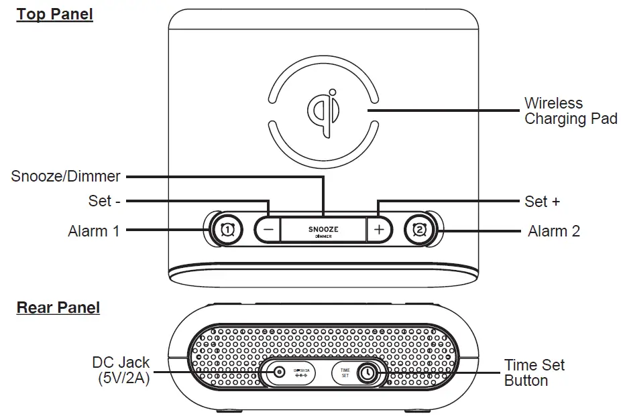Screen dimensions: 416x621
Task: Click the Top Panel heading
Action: click(54, 15)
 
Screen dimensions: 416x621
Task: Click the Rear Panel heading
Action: click(58, 307)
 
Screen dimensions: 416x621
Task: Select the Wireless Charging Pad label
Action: click(570, 111)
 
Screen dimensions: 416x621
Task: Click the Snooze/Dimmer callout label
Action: click(66, 177)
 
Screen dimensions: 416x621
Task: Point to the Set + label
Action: click(542, 201)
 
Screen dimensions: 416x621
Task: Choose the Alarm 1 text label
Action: click(93, 231)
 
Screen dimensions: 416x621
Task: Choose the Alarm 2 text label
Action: click(553, 231)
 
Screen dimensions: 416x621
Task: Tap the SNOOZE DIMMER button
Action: click(323, 230)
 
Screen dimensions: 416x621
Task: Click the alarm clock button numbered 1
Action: click(227, 230)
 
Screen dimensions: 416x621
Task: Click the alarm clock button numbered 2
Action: click(419, 230)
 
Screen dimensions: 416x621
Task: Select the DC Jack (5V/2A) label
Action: click(121, 370)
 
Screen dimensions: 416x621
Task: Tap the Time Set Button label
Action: click(534, 372)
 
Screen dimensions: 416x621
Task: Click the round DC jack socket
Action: click(278, 374)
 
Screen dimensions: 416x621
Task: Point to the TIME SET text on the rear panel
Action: click(345, 373)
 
